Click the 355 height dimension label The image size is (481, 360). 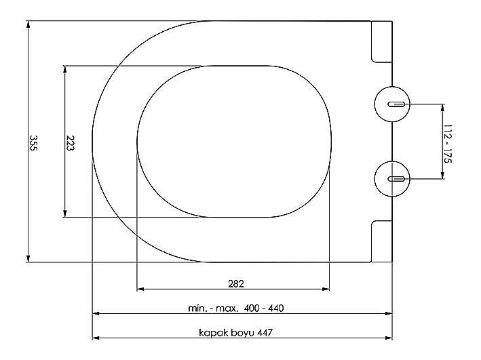33,143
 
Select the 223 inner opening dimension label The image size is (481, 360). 70,143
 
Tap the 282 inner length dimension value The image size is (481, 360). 236,284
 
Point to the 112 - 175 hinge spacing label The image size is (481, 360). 448,143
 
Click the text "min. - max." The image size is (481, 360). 213,308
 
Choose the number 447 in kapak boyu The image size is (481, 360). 265,333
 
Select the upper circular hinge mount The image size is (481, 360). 392,104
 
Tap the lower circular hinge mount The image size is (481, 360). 392,179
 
